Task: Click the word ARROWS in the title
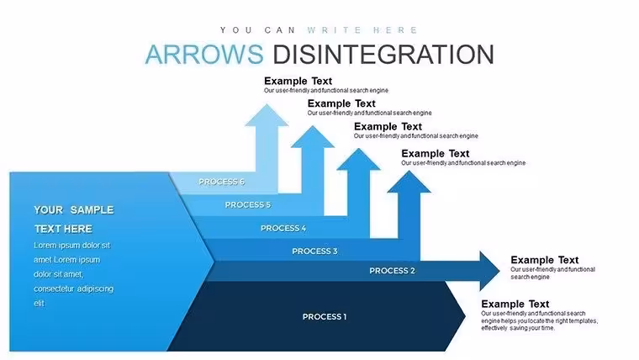pos(204,54)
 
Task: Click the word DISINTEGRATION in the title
pos(383,54)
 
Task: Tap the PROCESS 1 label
pos(325,317)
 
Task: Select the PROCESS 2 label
pos(392,271)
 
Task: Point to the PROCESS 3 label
pos(314,251)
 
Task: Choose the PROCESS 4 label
pos(283,228)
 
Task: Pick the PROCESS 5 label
pos(248,204)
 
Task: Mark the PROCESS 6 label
pos(221,182)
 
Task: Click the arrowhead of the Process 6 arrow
pos(267,115)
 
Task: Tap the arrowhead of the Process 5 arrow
pos(313,137)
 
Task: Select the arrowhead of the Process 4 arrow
pos(359,160)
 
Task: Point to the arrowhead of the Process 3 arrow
pos(409,182)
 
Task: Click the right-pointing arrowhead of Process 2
pos(490,271)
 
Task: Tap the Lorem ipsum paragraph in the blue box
pos(74,274)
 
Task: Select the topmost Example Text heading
pos(298,81)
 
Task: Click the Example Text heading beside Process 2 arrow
pos(545,260)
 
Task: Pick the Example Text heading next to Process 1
pos(515,304)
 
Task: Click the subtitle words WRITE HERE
pos(362,30)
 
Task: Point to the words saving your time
pos(532,328)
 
